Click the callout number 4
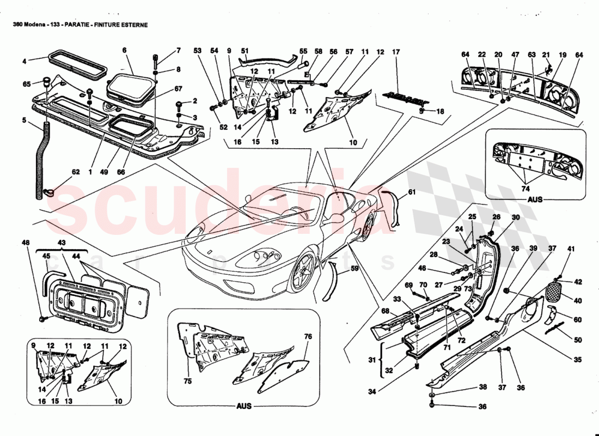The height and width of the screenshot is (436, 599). click(24, 61)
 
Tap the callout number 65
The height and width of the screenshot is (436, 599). click(27, 84)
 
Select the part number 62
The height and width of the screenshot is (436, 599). click(76, 172)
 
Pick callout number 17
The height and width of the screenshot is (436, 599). click(396, 52)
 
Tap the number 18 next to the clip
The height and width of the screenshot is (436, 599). click(439, 111)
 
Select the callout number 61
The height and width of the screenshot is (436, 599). click(412, 192)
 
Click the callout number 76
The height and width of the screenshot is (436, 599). click(308, 336)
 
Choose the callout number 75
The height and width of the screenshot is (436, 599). click(188, 381)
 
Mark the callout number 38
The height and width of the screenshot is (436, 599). click(482, 387)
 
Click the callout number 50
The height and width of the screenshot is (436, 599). click(577, 340)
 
